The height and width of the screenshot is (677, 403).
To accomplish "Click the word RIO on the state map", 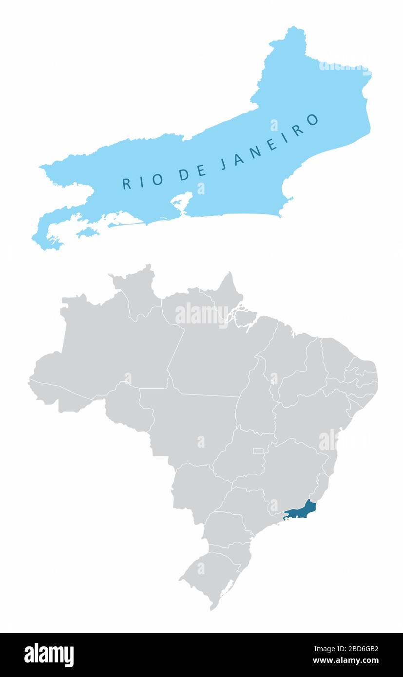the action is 142,180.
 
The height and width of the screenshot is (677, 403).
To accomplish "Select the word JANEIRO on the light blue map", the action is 269,141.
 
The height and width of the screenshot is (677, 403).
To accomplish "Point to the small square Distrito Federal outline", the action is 258,451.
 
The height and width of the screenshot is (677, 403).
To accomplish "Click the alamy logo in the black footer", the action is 49,655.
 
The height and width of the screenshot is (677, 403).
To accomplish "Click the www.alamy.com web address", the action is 345,661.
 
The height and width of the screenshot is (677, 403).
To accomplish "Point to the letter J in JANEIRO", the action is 224,164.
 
